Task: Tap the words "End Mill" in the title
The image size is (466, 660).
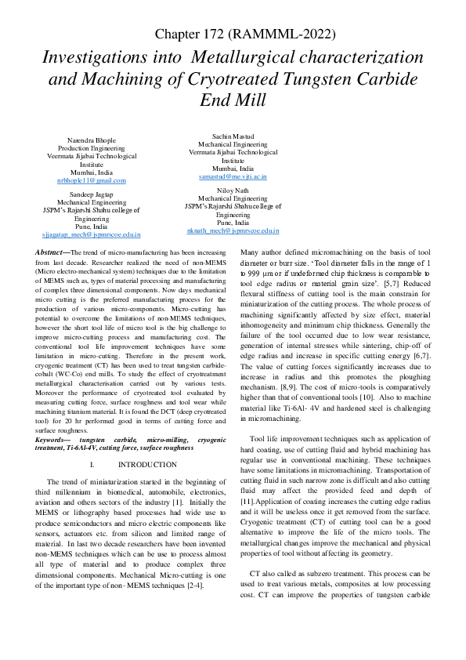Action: tap(233, 100)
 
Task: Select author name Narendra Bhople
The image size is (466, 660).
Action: tap(91, 140)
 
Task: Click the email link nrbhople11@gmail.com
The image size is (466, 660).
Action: tap(91, 181)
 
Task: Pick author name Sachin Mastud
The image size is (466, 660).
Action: tap(233, 136)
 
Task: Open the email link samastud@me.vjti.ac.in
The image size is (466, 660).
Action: tap(233, 177)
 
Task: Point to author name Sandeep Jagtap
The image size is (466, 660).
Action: tap(91, 193)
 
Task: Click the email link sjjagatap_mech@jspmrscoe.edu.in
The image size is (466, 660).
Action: tap(91, 234)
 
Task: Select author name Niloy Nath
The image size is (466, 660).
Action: tap(233, 190)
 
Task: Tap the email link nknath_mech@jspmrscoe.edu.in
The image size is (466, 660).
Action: tap(233, 231)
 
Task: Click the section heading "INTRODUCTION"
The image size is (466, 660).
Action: tap(152, 465)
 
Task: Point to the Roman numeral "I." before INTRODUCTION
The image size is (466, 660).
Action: tap(114, 465)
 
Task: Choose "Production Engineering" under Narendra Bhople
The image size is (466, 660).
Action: tap(91, 147)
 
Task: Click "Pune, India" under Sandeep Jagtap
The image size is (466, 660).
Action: tap(91, 227)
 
